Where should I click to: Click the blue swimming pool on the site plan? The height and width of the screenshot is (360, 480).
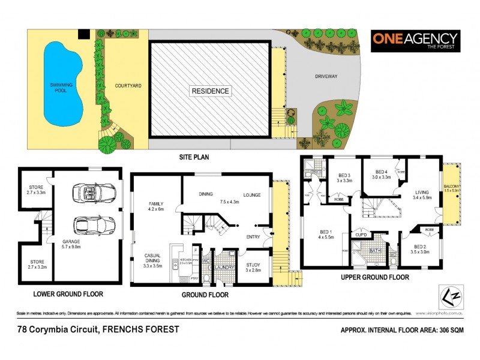(x=58, y=84)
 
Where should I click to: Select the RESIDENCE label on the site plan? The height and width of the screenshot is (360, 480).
(x=210, y=91)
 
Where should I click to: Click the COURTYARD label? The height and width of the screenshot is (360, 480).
(x=128, y=86)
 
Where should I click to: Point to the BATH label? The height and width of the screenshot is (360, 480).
(x=376, y=250)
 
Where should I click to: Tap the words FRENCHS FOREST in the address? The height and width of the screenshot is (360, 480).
(x=141, y=329)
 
